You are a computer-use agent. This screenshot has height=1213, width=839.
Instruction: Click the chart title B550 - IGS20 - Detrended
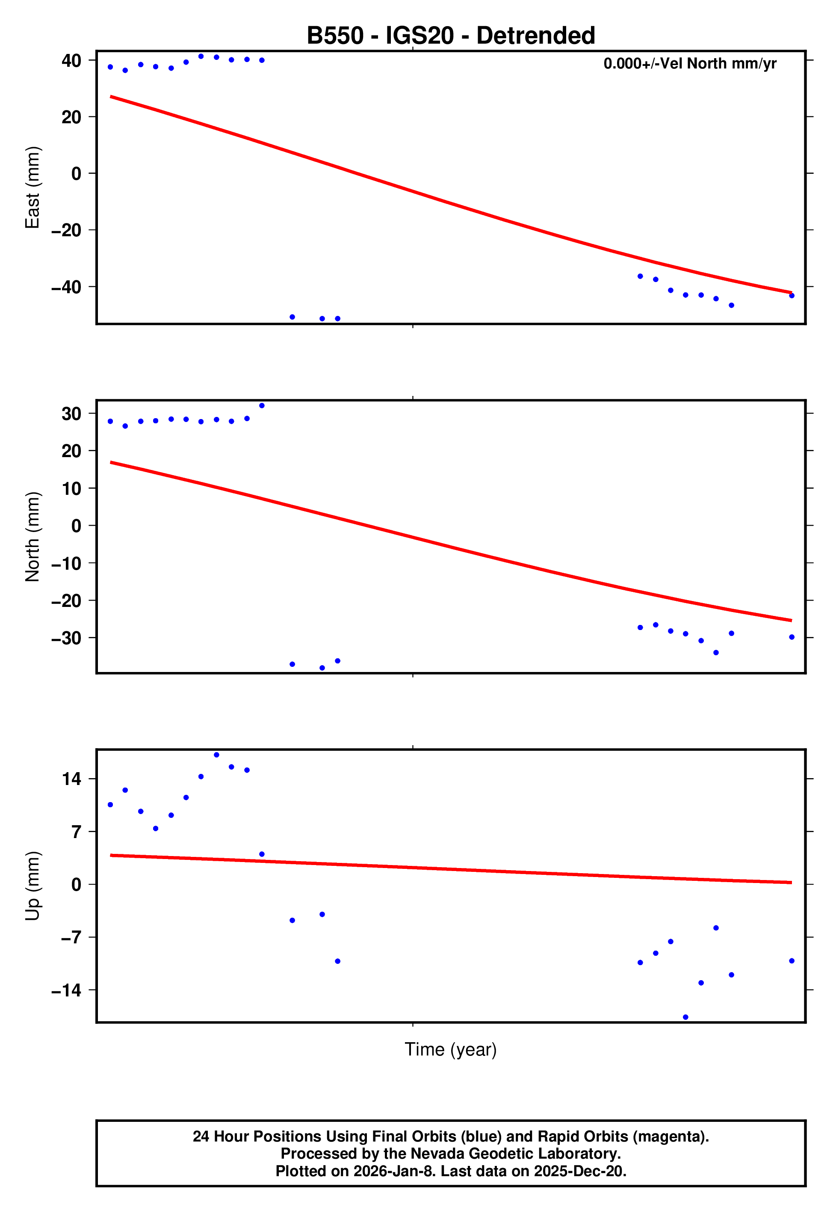(451, 36)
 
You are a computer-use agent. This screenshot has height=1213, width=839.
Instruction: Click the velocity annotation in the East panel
(689, 64)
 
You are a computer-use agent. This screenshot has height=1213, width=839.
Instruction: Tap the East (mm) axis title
(32, 187)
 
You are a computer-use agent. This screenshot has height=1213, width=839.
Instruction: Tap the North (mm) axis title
(32, 537)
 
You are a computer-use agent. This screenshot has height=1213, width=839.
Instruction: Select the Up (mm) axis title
(32, 886)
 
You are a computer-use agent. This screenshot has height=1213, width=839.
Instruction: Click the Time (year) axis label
(451, 1049)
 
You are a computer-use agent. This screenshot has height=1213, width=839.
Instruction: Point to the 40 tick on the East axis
(71, 60)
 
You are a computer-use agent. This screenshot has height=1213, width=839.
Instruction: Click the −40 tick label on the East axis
(66, 287)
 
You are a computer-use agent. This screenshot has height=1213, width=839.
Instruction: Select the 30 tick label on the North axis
(71, 413)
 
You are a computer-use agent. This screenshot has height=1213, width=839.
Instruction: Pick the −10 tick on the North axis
(66, 563)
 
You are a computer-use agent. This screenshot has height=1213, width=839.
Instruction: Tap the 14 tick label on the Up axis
(71, 779)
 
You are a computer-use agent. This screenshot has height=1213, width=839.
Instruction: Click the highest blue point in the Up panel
(216, 755)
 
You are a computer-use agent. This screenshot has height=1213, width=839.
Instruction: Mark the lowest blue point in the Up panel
(685, 1017)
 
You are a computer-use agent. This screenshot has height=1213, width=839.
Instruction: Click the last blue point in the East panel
(792, 296)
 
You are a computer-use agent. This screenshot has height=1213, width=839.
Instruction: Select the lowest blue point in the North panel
(322, 668)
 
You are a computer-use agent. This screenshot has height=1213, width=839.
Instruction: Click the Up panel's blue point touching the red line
(262, 854)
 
